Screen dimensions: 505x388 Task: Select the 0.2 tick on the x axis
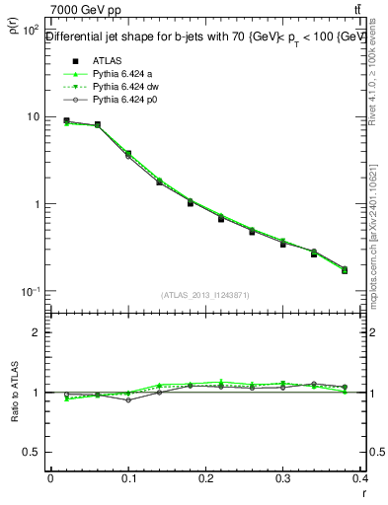205,477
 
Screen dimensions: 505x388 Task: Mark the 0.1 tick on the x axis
128,477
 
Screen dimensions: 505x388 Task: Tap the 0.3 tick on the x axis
283,477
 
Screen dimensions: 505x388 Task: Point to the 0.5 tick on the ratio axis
32,452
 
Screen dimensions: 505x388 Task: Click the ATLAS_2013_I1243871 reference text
206,295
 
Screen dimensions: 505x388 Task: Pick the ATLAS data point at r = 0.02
66,121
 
